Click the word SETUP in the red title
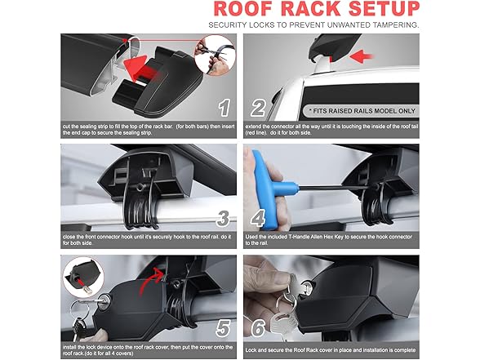coord(384,9)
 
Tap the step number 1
coord(224,108)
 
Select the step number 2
coord(258,108)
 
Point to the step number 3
coord(223,218)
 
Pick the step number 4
coord(258,218)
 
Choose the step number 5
coord(223,328)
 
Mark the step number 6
coord(258,328)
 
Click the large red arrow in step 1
coord(143,70)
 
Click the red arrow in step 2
coord(361,56)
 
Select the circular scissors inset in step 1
coord(216,56)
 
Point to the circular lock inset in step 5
coord(83,278)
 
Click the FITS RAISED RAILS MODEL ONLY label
coord(362,111)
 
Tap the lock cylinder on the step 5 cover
coord(105,299)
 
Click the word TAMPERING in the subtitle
coord(395,25)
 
